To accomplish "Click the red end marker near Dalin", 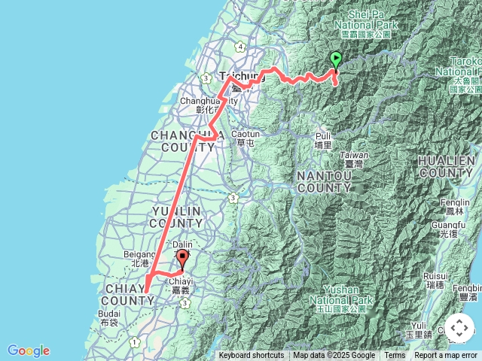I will (x=182, y=260).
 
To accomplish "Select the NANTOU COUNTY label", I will (x=324, y=181).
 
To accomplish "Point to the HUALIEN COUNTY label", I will (x=447, y=167).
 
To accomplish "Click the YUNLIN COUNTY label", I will (x=175, y=217).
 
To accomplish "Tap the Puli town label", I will (x=323, y=141).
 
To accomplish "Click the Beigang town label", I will (x=139, y=259).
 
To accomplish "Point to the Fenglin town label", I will (x=457, y=207).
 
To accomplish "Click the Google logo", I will (x=28, y=350).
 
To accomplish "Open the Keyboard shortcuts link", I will (x=252, y=356).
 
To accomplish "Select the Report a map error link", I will (x=446, y=356).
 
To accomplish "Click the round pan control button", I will (x=459, y=329).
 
